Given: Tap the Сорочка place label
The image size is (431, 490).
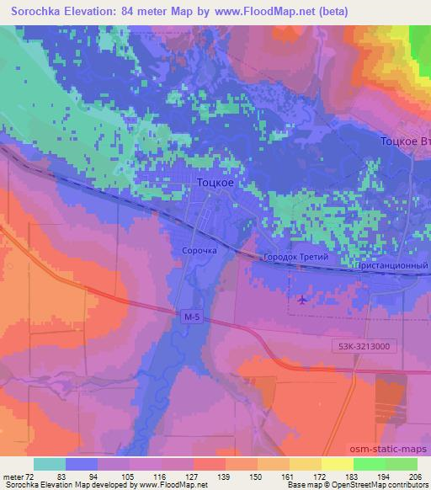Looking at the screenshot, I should tap(200, 250).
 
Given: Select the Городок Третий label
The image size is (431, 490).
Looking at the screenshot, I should tap(295, 257).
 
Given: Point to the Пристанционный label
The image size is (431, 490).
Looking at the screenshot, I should tap(394, 264).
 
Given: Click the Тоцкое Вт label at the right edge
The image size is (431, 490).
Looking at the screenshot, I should tap(405, 141).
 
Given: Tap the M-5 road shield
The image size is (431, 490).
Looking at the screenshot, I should tap(191, 317).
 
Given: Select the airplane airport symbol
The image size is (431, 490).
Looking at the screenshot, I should tap(302, 299).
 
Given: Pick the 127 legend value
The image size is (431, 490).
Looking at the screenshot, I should tap(193, 476).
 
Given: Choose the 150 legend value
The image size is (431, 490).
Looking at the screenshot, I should tap(258, 476).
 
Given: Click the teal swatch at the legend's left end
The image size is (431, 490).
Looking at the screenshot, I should tap(50, 464).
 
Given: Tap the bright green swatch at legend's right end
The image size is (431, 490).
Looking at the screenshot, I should tap(401, 464).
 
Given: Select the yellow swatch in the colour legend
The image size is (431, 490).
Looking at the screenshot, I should tap(337, 464).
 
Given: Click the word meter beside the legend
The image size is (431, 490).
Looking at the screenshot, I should tap(12, 476).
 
